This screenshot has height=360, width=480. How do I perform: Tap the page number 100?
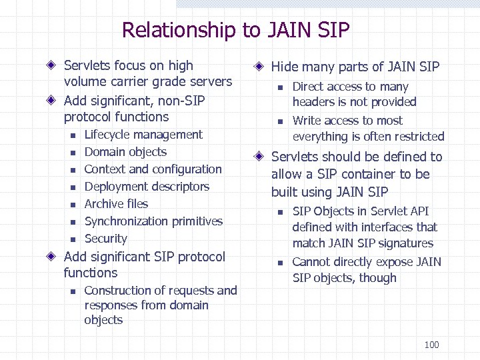[431, 345]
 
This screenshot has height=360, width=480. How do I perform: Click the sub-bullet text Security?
[105, 239]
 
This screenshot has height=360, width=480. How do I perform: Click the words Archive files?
[116, 204]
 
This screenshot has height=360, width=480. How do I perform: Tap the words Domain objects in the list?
[125, 152]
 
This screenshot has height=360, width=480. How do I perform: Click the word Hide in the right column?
[285, 67]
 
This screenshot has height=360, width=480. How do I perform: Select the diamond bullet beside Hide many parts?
[259, 67]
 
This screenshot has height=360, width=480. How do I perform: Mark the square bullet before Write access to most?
[281, 121]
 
